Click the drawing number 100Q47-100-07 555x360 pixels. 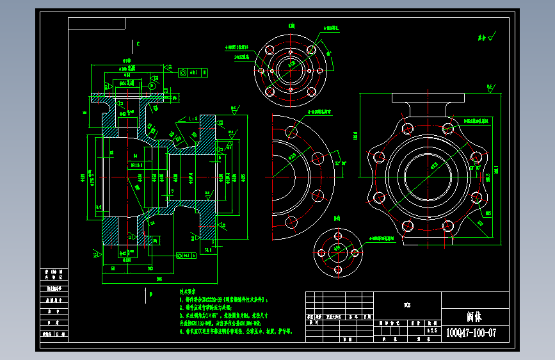pyautogui.click(x=471, y=333)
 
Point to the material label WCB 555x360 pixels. pyautogui.click(x=406, y=304)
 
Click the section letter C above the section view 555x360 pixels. pyautogui.click(x=138, y=44)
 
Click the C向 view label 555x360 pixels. pyautogui.click(x=291, y=26)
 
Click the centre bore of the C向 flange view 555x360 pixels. pyautogui.click(x=291, y=67)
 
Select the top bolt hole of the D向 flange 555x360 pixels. pyautogui.click(x=337, y=236)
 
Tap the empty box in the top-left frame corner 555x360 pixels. pyautogui.click(x=96, y=23)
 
